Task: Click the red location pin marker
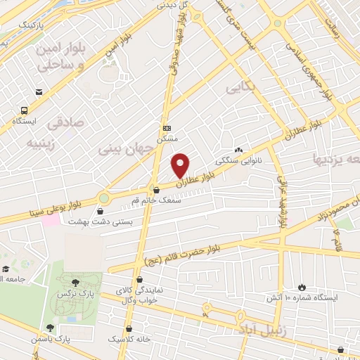(181, 165)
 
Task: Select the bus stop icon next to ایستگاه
(25, 110)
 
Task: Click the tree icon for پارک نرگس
(86, 283)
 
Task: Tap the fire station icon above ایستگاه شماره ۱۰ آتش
(302, 287)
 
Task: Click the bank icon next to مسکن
(167, 128)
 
